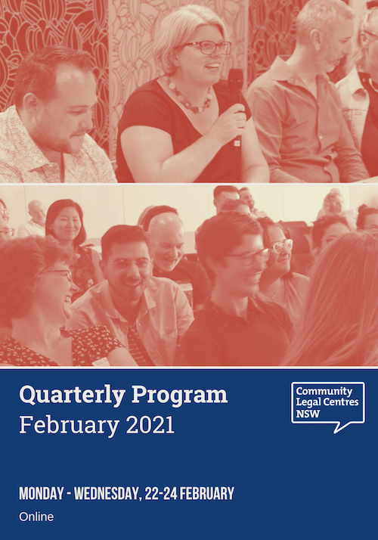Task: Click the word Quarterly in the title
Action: coord(73,395)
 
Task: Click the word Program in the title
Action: coord(179,396)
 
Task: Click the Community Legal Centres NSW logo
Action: coord(328,407)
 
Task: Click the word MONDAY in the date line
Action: coord(42,494)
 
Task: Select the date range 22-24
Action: coord(161,494)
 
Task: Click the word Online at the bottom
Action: coord(36,517)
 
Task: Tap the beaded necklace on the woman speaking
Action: coord(189,97)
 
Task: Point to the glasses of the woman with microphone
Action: coord(208,48)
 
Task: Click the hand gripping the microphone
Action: coord(231,121)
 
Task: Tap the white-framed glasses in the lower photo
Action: coord(281,246)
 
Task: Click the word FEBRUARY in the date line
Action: coord(207,494)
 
